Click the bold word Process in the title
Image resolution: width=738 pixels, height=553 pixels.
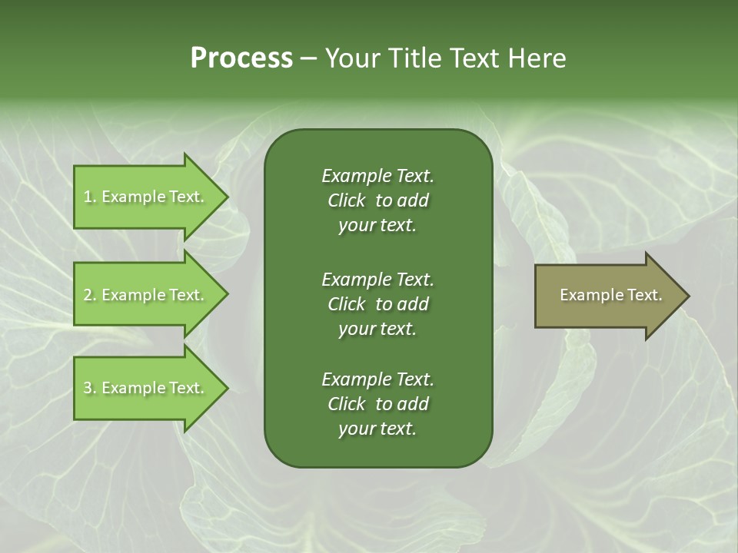tap(241, 58)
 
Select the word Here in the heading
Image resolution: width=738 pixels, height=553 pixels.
tap(537, 58)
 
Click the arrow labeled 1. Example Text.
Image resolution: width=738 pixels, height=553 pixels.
tap(146, 197)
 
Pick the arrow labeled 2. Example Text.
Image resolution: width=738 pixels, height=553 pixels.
tap(146, 295)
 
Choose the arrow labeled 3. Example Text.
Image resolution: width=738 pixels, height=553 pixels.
tap(146, 388)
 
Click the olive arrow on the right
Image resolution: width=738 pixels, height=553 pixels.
tap(607, 295)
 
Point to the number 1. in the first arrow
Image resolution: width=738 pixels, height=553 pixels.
tap(90, 197)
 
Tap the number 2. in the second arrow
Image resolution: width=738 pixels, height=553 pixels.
tap(90, 295)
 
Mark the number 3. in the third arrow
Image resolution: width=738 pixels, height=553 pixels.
tap(90, 388)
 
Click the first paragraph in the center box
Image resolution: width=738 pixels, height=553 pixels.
tap(377, 200)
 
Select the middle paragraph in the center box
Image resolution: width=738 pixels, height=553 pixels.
tap(377, 303)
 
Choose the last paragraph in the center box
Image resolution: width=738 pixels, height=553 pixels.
tap(377, 404)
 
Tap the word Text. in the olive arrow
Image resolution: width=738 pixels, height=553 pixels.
tap(643, 295)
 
